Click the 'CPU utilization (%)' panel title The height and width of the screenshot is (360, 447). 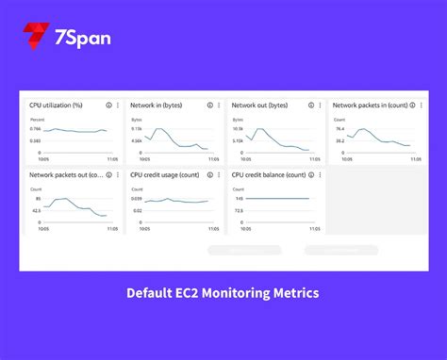click(56, 106)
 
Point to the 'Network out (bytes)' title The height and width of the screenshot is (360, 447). click(260, 106)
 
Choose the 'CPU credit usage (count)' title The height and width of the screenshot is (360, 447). click(164, 174)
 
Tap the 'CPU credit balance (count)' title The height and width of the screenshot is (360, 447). click(269, 174)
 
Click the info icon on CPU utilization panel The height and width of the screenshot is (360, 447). click(108, 106)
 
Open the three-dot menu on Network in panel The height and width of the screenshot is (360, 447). click(221, 106)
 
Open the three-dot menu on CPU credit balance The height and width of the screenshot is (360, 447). click(323, 174)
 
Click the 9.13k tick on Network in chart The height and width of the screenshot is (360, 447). click(136, 128)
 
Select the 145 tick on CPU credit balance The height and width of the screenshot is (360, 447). click(239, 198)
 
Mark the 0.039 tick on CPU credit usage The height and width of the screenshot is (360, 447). click(137, 198)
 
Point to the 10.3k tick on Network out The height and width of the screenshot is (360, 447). click(239, 128)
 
